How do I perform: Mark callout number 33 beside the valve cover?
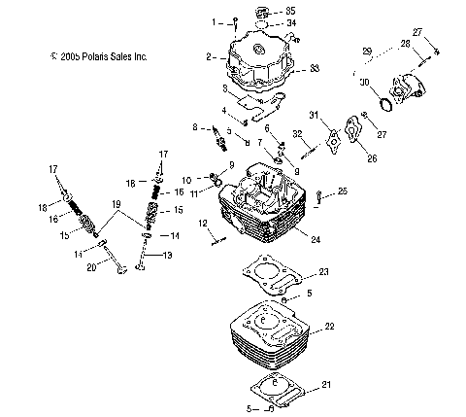(x=314, y=69)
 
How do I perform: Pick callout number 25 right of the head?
(x=342, y=192)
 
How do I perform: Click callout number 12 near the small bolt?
(x=205, y=225)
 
